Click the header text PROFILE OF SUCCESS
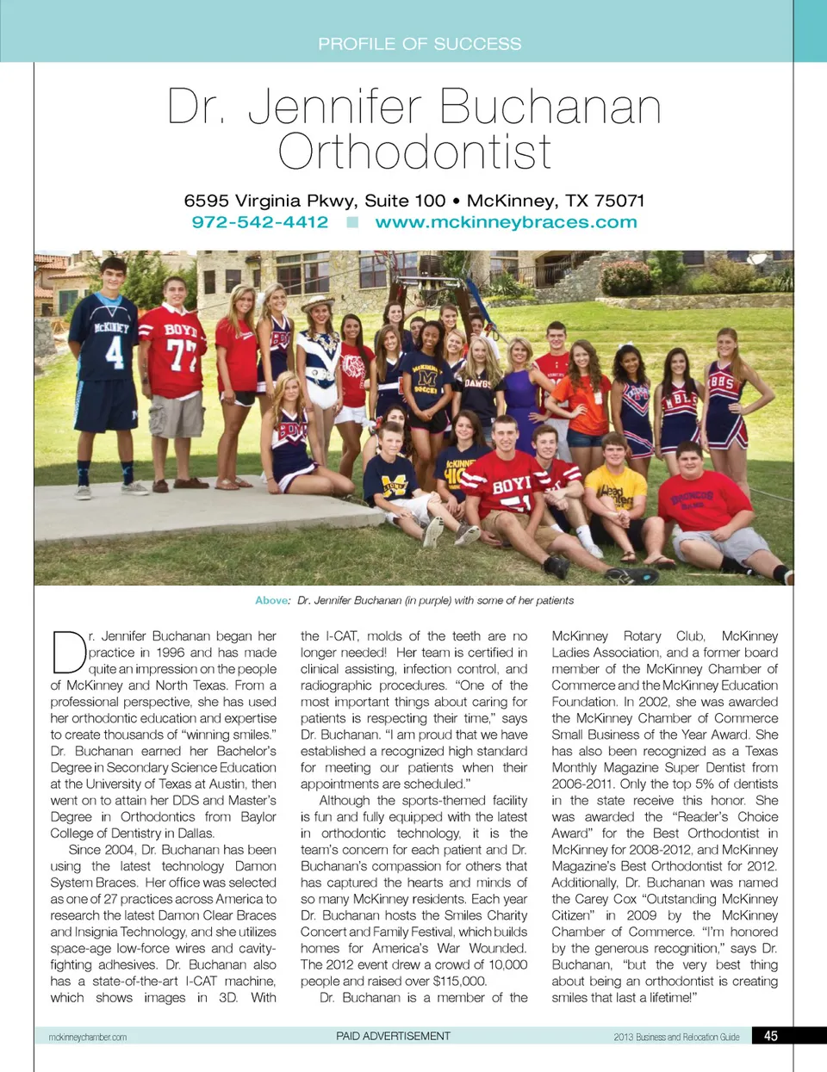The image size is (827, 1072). point(420,44)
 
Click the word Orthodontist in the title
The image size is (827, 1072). point(414,152)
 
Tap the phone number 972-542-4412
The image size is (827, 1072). point(259,222)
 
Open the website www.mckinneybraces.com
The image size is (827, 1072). point(506,222)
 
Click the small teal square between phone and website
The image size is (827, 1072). point(351,222)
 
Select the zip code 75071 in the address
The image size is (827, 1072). point(619,201)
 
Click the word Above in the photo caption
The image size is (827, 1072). point(271,600)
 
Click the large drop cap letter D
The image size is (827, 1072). point(68,653)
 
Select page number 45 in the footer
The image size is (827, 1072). point(771,1036)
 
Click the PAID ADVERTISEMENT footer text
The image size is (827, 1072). point(393,1036)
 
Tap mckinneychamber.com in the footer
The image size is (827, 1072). point(88,1037)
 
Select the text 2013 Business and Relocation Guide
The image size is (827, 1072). point(676,1037)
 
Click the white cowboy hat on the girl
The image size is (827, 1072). point(316,304)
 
